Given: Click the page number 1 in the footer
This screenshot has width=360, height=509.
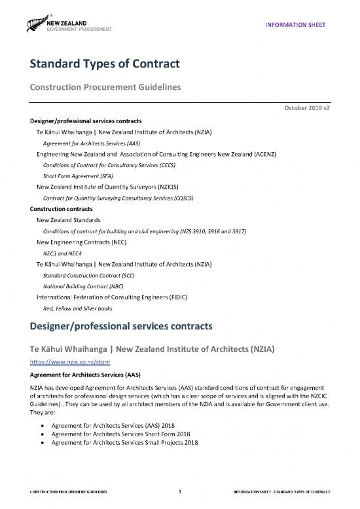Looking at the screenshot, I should [x=179, y=491].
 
